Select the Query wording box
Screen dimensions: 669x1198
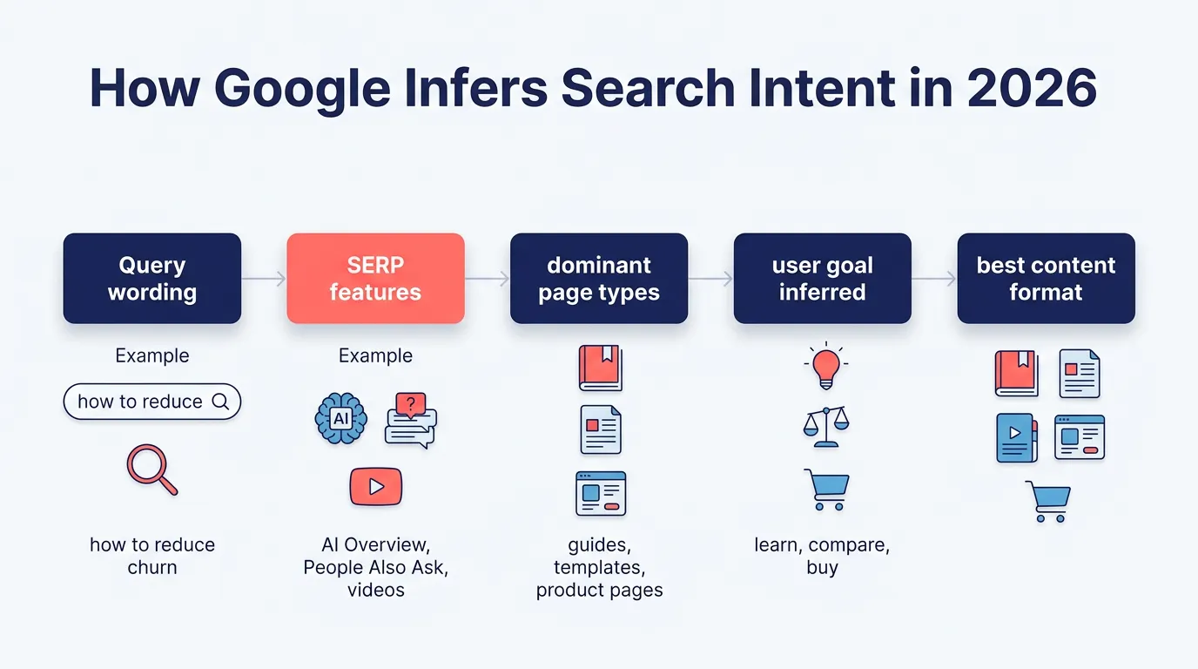coord(152,279)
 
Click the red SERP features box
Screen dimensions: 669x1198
coord(375,279)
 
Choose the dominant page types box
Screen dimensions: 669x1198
coord(599,279)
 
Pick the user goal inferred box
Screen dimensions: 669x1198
coord(822,279)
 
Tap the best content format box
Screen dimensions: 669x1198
coord(1046,279)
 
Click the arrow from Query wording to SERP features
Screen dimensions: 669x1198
coord(264,279)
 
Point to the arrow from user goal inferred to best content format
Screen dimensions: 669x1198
coord(934,279)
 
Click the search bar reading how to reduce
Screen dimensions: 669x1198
coord(152,402)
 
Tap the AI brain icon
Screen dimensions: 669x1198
coord(340,419)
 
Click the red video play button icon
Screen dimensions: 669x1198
coord(375,486)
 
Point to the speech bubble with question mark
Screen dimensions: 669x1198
coord(410,419)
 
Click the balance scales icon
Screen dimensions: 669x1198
coord(824,427)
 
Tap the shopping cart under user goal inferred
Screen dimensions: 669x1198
coord(825,490)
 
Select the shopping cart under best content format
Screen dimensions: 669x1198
coord(1048,501)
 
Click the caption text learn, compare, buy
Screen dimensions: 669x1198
coord(822,556)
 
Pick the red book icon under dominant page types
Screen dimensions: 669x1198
coord(600,368)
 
